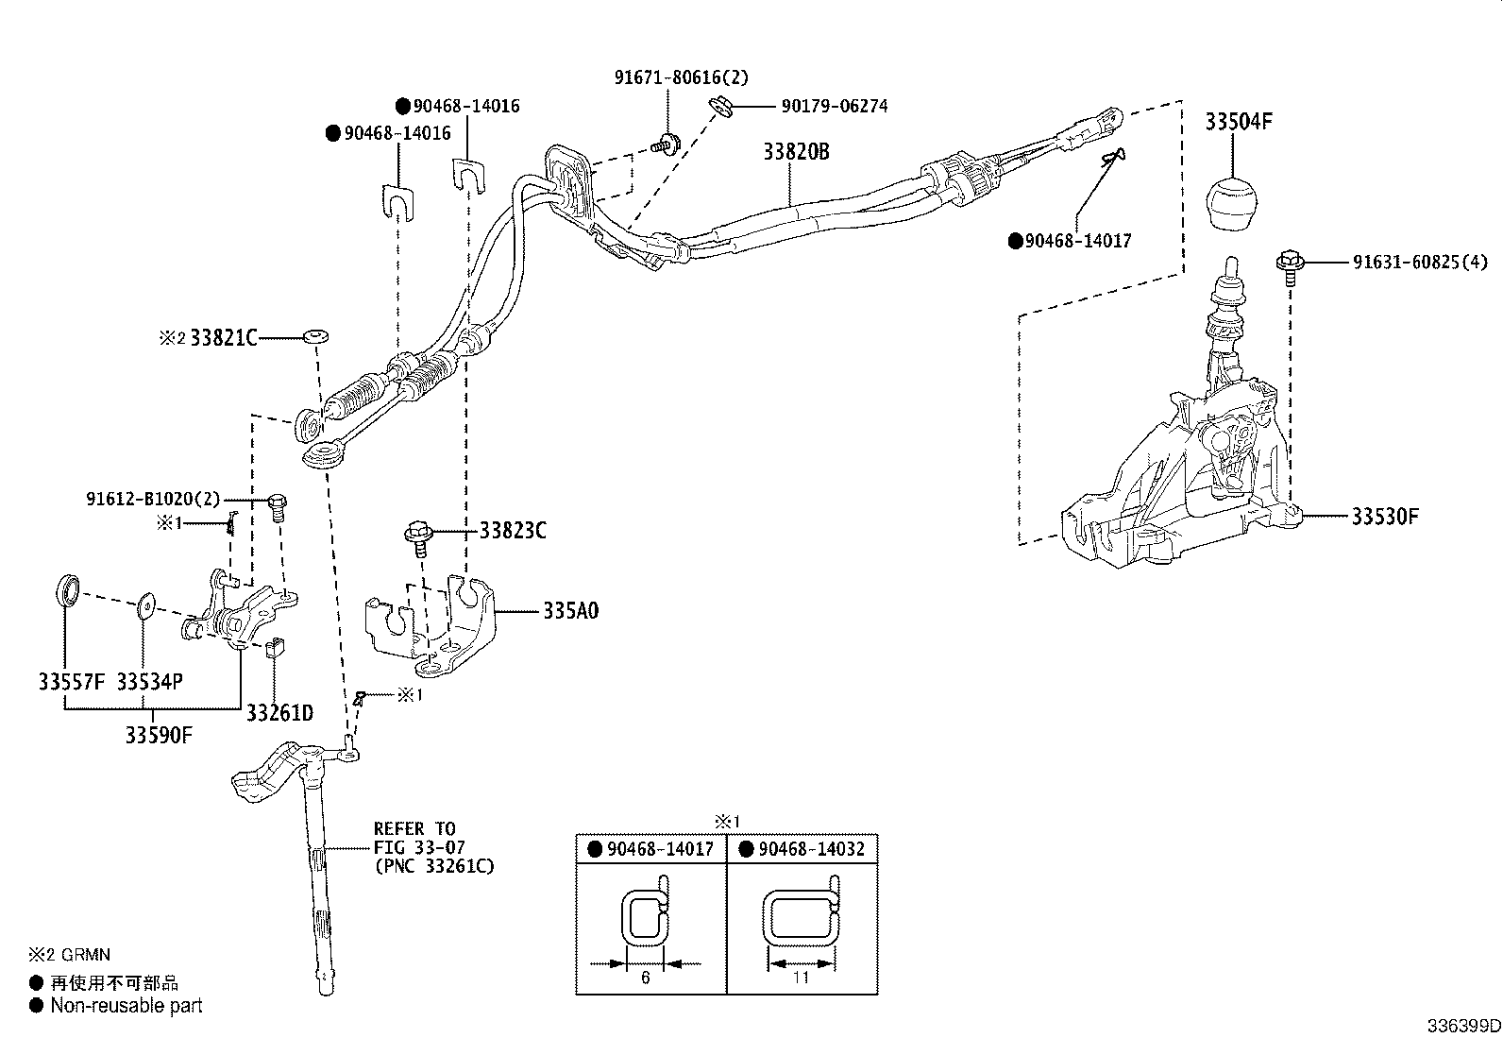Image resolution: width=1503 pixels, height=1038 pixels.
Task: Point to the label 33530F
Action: [x=1385, y=517]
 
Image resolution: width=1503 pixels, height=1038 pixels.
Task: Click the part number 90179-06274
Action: [x=834, y=107]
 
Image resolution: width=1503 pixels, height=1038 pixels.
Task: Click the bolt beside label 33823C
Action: [x=417, y=536]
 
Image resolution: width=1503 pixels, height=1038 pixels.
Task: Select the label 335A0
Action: [x=570, y=611]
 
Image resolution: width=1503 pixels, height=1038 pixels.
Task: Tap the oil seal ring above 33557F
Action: [x=65, y=589]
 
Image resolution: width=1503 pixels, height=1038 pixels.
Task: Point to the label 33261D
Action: [x=279, y=712]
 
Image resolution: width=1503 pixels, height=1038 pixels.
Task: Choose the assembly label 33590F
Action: [x=158, y=734]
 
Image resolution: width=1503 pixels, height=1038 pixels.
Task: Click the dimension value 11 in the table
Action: [x=801, y=978]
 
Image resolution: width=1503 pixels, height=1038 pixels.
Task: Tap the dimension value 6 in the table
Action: [x=645, y=978]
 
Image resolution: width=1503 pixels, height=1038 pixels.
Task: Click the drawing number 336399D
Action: [x=1462, y=1026]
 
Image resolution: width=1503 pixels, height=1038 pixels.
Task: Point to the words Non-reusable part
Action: [x=127, y=1006]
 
